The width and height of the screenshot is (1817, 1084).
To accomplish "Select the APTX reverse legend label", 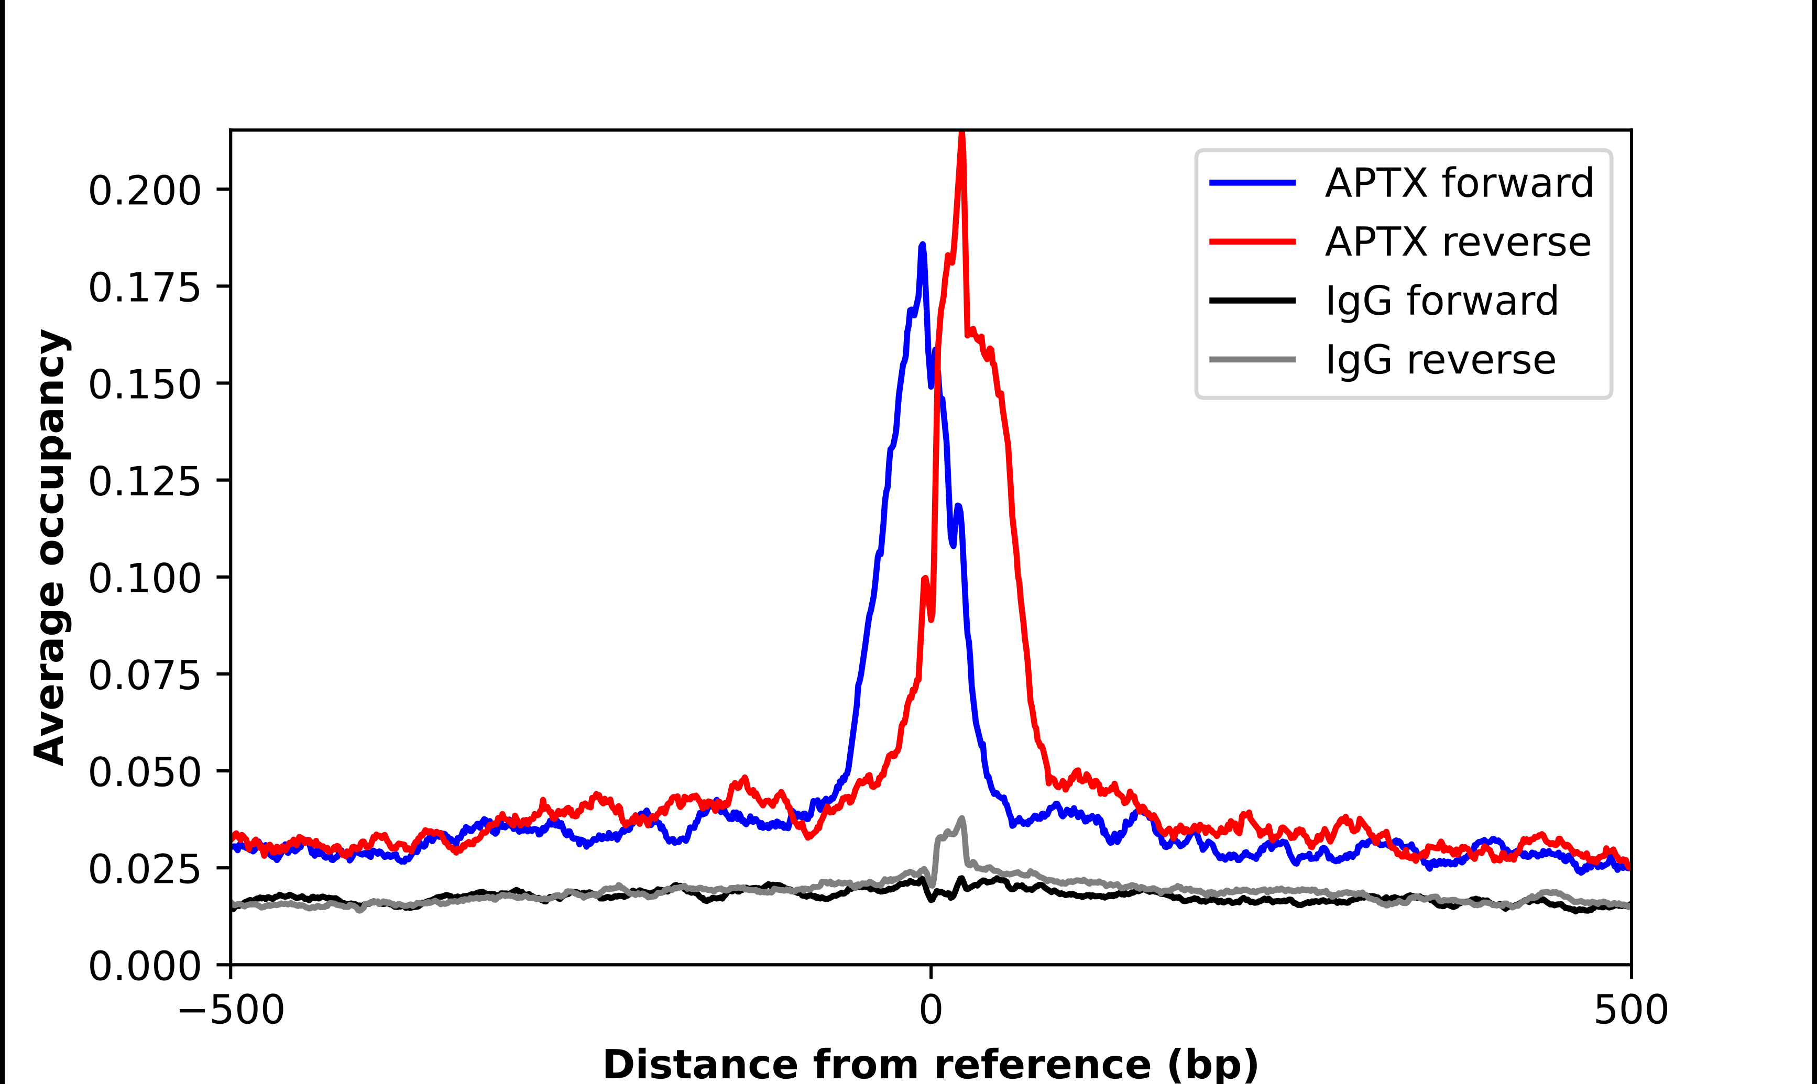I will click(1458, 242).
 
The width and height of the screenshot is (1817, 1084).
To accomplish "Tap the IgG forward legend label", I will click(1441, 301).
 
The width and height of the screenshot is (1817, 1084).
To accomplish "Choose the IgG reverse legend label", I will click(1440, 360).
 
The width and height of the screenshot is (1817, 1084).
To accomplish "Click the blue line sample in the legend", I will click(1252, 183).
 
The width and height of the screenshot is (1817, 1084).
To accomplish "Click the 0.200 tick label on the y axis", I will click(144, 191).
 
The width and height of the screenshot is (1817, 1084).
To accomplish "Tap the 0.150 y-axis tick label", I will click(144, 384).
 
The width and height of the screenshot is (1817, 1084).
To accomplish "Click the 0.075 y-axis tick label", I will click(144, 675).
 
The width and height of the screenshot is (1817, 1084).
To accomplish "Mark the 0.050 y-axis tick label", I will click(144, 772).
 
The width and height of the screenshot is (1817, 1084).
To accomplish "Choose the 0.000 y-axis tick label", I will click(144, 966).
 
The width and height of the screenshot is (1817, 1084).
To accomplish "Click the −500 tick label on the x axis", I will click(231, 1010).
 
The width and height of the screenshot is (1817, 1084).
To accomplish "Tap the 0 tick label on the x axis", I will click(930, 1010).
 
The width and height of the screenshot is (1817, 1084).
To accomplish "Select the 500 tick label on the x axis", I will click(1630, 1010).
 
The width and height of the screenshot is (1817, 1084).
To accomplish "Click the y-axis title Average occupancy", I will click(51, 547).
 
